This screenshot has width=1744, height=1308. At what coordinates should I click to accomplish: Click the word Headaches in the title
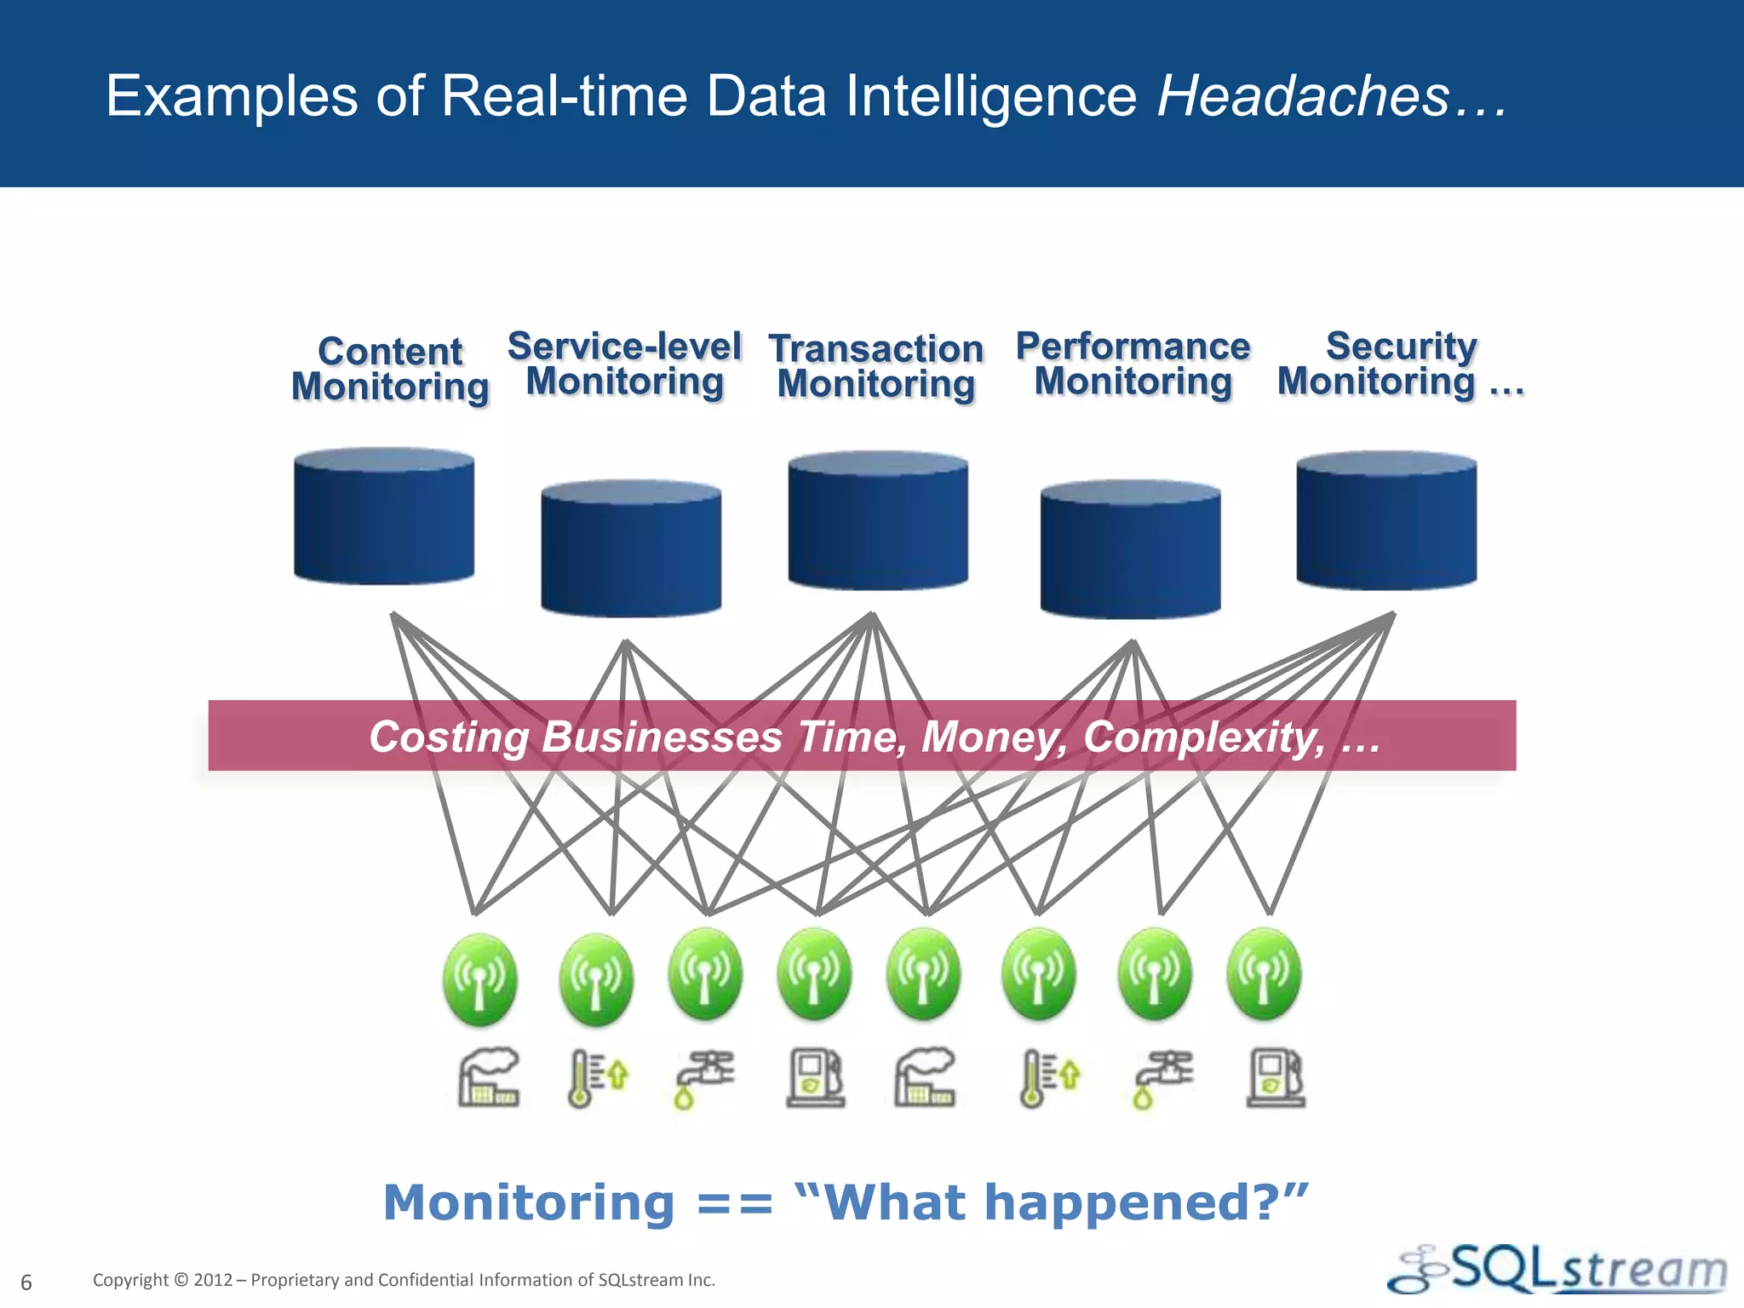tap(1303, 95)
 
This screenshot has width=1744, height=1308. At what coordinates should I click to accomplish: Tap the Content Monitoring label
tap(390, 369)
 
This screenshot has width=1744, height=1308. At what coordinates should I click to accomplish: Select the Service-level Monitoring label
tap(624, 364)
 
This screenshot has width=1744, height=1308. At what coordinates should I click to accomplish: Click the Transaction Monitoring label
tap(875, 366)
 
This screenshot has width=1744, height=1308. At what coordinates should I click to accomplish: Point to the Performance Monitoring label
tap(1133, 364)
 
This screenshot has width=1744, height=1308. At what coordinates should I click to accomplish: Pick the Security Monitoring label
tap(1400, 364)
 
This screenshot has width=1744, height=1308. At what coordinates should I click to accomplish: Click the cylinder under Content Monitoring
tap(384, 517)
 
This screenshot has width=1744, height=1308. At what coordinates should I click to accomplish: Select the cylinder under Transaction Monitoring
tap(878, 521)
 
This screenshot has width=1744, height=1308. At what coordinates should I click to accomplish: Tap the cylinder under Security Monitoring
tap(1386, 521)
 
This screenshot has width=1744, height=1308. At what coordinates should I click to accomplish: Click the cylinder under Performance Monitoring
tap(1130, 549)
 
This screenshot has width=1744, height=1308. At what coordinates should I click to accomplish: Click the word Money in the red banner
tap(994, 737)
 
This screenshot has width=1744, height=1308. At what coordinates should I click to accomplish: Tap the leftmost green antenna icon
tap(479, 978)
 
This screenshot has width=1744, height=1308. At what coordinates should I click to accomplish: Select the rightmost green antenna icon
tap(1264, 975)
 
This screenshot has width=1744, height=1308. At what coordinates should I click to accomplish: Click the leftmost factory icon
tap(489, 1077)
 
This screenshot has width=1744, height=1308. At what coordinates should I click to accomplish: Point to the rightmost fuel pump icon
tap(1276, 1078)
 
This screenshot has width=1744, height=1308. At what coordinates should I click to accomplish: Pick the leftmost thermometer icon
tap(596, 1078)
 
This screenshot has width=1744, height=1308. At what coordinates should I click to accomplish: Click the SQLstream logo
tap(1558, 1270)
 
